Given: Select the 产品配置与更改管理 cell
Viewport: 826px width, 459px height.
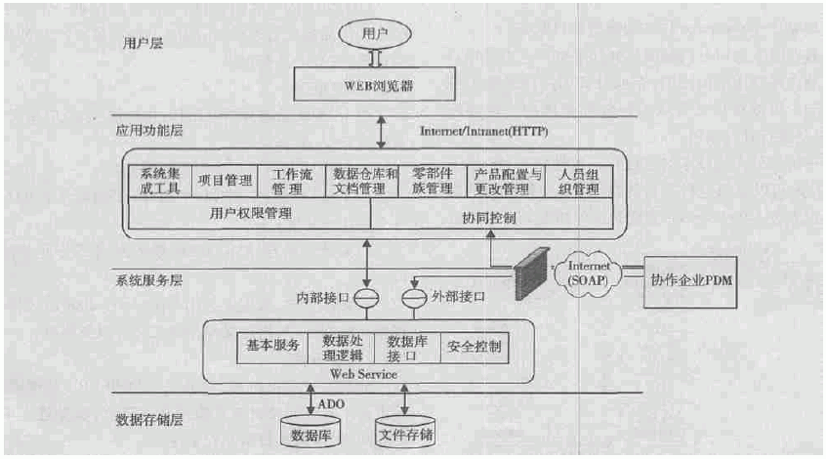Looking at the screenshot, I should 503,182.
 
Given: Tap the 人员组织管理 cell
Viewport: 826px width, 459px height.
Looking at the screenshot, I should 578,182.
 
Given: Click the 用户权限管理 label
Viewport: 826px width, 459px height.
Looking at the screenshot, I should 251,212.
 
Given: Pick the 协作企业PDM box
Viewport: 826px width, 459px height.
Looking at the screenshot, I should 691,280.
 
